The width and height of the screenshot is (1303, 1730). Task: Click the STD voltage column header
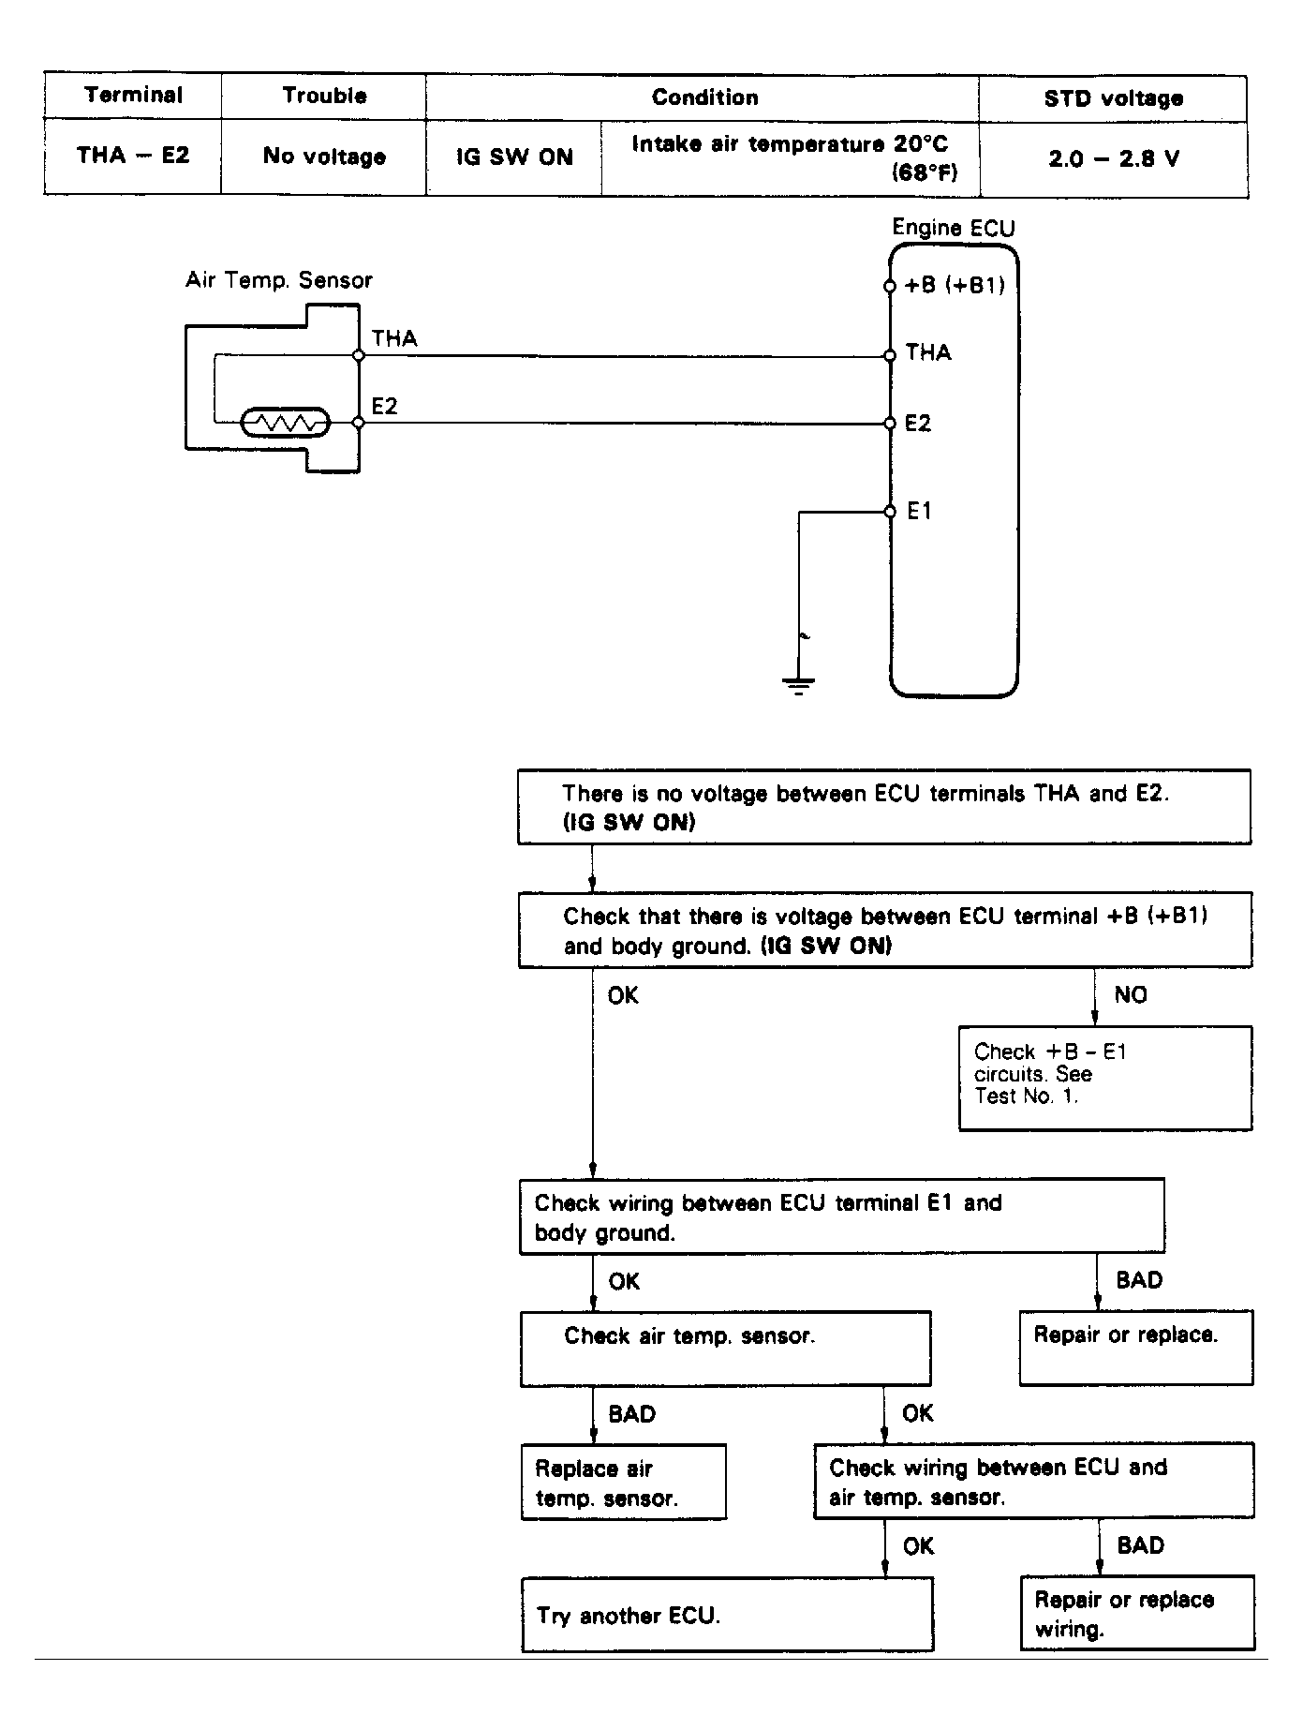(1113, 98)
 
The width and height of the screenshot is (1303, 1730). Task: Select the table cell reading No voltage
(324, 157)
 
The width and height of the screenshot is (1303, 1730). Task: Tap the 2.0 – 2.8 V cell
(1113, 158)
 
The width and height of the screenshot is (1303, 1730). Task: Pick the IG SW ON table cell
(514, 157)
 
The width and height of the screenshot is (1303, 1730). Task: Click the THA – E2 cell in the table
(133, 156)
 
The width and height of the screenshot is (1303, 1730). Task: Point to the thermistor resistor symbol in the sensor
(285, 424)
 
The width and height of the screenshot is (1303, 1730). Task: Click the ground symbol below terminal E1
(798, 685)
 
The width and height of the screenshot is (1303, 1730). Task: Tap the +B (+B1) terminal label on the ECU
(955, 285)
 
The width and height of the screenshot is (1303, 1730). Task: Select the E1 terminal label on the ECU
(919, 511)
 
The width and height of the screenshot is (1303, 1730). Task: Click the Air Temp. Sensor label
(279, 280)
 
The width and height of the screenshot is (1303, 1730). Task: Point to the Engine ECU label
(953, 228)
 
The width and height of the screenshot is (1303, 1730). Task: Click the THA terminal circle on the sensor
(358, 356)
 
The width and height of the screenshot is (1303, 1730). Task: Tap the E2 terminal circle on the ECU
(890, 424)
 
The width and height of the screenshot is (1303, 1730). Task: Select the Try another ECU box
(728, 1615)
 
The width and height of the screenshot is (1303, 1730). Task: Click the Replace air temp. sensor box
(624, 1482)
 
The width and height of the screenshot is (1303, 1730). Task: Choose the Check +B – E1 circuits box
(1105, 1079)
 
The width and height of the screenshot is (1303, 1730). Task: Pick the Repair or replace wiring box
(1137, 1613)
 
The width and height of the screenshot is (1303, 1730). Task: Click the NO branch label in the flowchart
(1131, 995)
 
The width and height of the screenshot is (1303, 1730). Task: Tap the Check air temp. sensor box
(725, 1349)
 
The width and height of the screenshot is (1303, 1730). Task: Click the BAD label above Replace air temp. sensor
(632, 1414)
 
